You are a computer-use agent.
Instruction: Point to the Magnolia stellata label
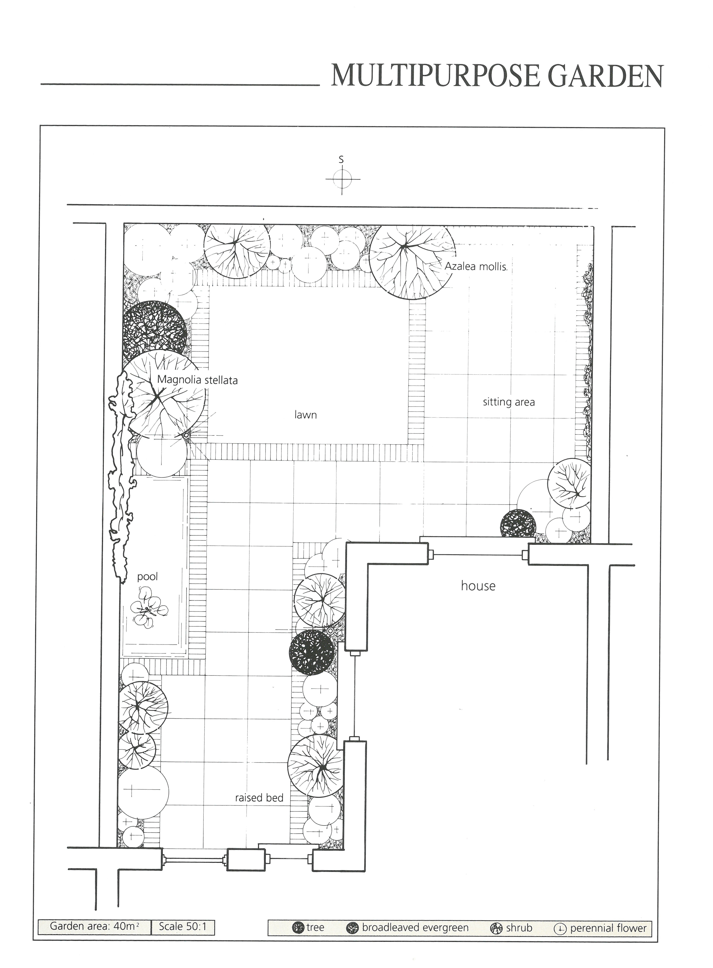pyautogui.click(x=197, y=380)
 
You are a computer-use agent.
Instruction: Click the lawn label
pyautogui.click(x=306, y=415)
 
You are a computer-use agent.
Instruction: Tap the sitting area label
pyautogui.click(x=509, y=402)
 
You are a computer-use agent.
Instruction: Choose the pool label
pyautogui.click(x=148, y=577)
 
